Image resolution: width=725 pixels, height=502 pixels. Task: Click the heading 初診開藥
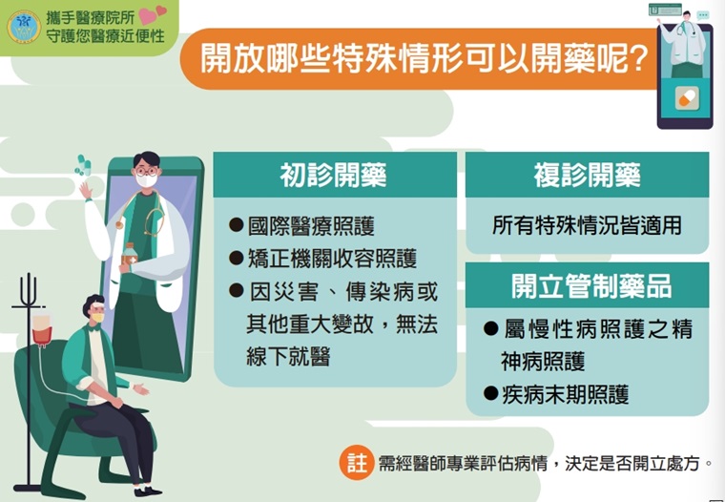333,176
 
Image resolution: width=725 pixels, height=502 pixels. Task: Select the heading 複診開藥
588,176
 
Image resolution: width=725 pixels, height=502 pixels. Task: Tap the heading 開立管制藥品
591,286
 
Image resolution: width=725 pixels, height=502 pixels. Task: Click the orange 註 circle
357,463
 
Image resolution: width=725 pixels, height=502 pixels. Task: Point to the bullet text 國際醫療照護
311,226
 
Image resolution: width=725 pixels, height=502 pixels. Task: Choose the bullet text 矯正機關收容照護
332,259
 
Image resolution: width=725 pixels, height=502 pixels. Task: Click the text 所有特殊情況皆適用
587,226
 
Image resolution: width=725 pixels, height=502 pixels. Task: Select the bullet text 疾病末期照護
566,395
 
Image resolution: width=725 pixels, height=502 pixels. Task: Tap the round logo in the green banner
24,28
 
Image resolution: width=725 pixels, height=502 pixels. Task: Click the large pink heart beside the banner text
147,16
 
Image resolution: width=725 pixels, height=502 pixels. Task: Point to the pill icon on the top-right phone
687,98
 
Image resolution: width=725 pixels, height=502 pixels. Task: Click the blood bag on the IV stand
42,329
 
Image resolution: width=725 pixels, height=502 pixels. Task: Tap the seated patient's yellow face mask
97,318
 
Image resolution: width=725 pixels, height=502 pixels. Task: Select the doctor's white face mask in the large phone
147,180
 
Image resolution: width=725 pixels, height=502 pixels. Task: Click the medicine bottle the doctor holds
130,255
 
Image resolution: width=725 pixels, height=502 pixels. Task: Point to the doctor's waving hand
85,190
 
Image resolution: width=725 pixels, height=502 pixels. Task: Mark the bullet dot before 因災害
237,291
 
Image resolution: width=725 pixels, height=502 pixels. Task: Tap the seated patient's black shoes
147,491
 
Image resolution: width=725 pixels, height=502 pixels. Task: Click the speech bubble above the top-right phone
703,15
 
